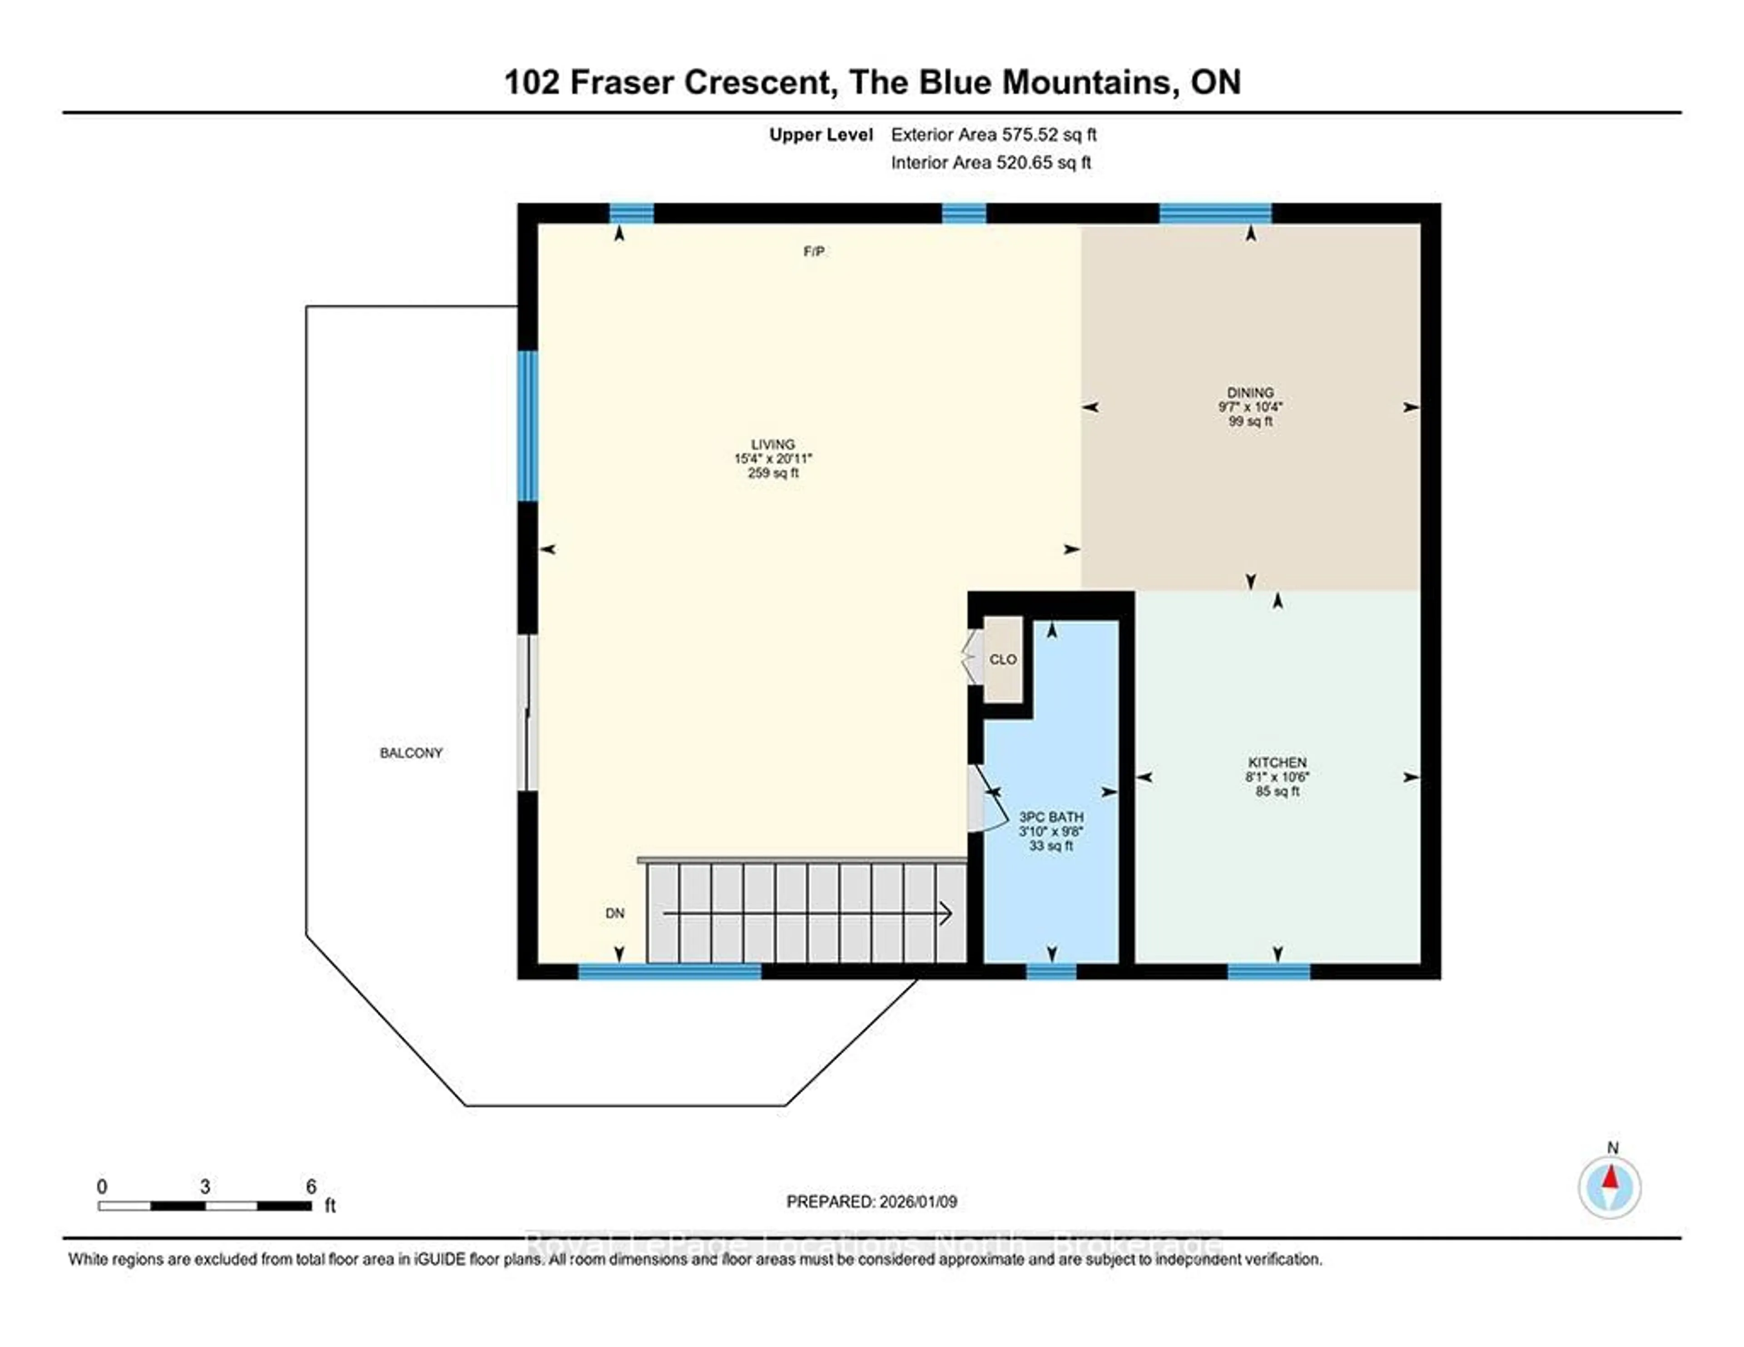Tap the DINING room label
point(1250,393)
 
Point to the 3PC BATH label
point(1051,817)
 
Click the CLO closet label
point(1002,659)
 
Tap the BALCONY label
point(411,753)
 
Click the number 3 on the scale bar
point(205,1187)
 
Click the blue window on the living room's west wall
point(528,426)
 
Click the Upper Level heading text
point(820,135)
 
